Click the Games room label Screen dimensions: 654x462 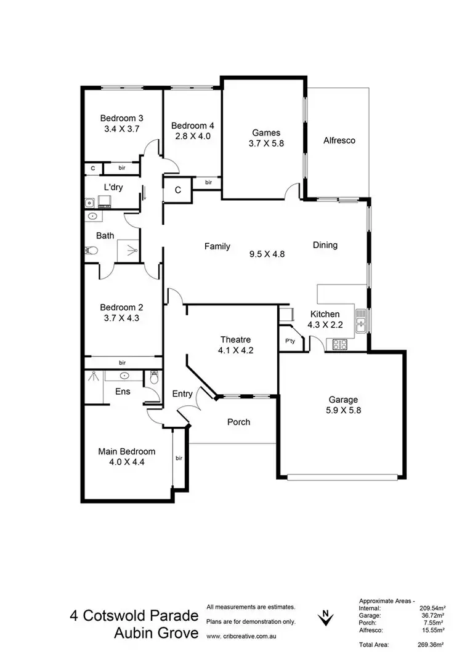click(x=266, y=132)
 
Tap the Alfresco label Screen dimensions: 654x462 click(x=339, y=140)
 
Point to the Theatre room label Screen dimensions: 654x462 click(x=235, y=339)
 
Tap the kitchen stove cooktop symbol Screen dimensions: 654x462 click(x=340, y=344)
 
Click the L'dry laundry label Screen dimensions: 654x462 click(x=112, y=187)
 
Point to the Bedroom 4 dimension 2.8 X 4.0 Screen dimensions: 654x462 click(x=191, y=136)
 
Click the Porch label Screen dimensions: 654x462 click(x=238, y=422)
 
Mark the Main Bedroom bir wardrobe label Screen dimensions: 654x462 click(x=179, y=458)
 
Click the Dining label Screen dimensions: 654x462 click(x=325, y=245)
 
